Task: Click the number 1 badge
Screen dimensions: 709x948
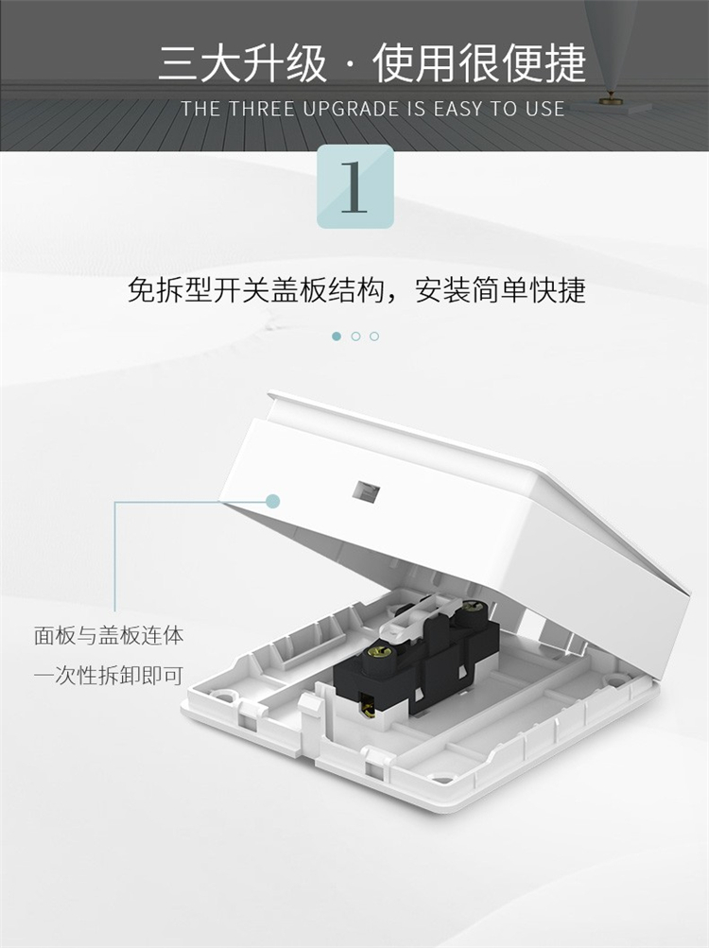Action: click(355, 186)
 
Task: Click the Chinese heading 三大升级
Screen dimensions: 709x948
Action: click(243, 63)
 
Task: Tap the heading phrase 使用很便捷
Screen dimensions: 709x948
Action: click(479, 63)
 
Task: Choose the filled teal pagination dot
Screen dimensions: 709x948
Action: click(337, 336)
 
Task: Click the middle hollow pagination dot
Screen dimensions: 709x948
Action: click(355, 336)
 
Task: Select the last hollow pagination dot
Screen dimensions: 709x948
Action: click(374, 336)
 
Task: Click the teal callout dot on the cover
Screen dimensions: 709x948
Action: click(273, 501)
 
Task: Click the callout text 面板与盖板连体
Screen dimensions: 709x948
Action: click(109, 635)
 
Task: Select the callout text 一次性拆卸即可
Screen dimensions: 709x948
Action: click(109, 675)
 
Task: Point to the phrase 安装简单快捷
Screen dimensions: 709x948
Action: click(500, 290)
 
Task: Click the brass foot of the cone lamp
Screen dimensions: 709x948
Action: click(611, 98)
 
